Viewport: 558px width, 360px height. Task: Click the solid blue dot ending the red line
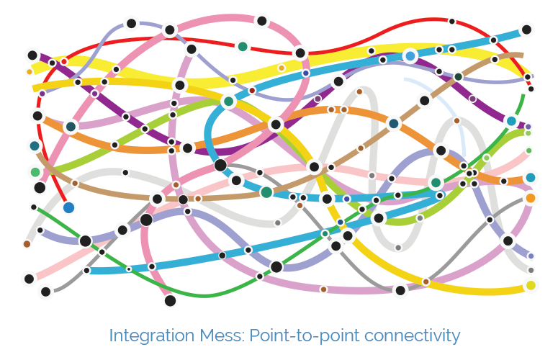68,207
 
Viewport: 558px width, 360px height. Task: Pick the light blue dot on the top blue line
410,55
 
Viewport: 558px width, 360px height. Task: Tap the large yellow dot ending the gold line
531,285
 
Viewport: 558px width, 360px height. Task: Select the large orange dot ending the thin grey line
531,198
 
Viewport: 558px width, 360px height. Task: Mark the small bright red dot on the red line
64,61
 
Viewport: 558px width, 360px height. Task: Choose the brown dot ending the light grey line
27,244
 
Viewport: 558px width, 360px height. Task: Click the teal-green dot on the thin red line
243,46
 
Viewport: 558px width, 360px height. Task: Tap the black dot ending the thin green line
33,207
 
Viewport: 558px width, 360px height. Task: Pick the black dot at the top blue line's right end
526,30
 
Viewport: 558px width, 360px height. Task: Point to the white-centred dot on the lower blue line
129,269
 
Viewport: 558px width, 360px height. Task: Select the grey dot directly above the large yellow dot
531,270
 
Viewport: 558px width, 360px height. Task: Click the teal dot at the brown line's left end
34,146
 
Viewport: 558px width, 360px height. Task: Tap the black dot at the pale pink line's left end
29,279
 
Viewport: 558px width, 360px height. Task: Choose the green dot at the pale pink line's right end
528,150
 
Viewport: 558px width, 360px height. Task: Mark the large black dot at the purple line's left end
32,55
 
